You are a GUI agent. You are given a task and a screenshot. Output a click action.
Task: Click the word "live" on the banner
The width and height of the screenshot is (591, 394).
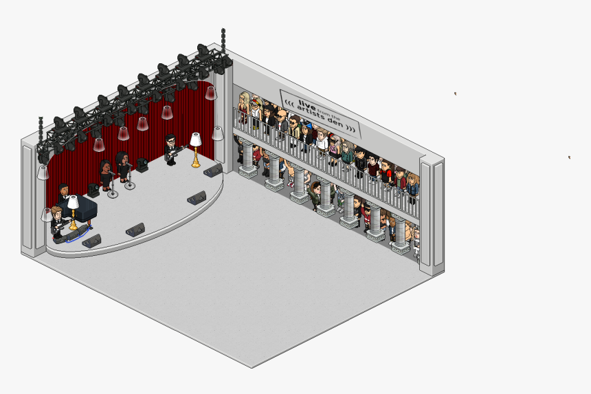click(x=306, y=105)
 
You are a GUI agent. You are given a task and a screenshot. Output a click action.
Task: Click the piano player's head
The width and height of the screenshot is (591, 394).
click(x=64, y=188)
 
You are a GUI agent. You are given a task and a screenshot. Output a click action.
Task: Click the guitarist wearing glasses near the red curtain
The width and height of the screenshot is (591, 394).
click(x=172, y=149)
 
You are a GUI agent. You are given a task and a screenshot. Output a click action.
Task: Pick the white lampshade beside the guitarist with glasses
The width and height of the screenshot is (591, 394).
click(x=196, y=140)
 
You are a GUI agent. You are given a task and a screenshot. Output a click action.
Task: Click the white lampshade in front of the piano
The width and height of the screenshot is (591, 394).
click(x=73, y=202)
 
